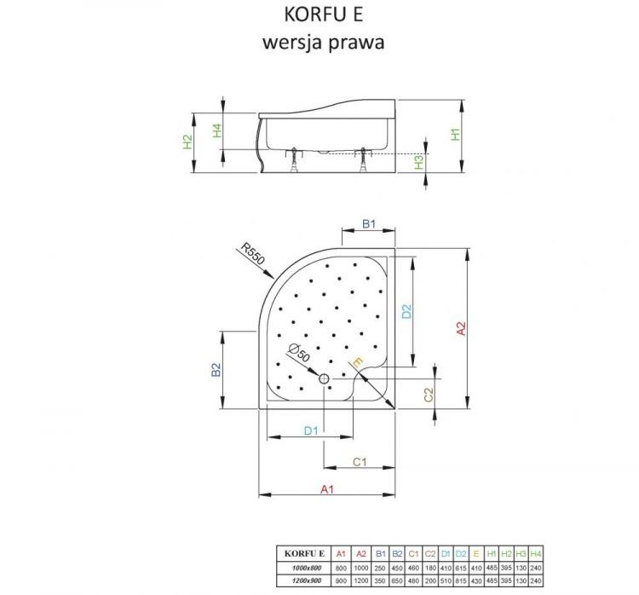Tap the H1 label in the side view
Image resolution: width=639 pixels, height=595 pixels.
point(457,135)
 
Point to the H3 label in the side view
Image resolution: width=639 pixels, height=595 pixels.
point(419,161)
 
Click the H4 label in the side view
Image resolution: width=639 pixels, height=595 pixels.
point(218,130)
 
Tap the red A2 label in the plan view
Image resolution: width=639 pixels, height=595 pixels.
point(460,330)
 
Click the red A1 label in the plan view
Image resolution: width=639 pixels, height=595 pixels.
point(325,488)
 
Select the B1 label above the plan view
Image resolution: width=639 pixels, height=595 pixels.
point(369,223)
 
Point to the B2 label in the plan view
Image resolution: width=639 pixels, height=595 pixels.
point(217,370)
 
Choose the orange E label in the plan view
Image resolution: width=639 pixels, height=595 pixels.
point(358,364)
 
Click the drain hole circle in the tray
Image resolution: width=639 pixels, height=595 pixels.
point(324,378)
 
